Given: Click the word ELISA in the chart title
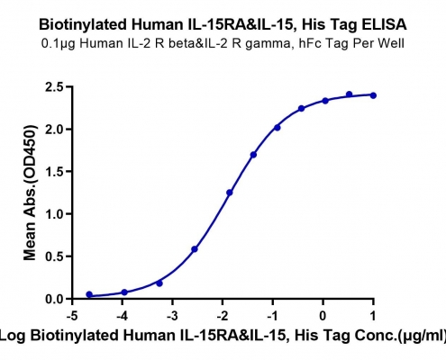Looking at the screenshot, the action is tap(384, 24).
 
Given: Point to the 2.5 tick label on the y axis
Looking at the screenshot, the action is tap(54, 87).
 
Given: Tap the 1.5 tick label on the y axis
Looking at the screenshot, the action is tap(54, 172).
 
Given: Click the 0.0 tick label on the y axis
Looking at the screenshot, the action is tap(54, 299).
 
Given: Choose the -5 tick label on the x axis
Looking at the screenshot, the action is tap(72, 316).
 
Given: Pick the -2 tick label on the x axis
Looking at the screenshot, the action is tap(223, 316).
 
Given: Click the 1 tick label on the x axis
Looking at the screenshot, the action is tap(373, 316).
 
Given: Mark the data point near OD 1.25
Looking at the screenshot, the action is tap(230, 193).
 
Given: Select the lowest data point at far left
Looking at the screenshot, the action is tap(89, 294).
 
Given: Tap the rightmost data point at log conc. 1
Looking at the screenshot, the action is tap(373, 95).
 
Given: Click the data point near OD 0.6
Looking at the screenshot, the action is tap(195, 249).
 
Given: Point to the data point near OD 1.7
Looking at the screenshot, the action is tap(253, 155).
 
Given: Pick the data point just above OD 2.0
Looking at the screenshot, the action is tap(278, 128).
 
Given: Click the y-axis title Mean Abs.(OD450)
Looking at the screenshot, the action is tap(30, 193).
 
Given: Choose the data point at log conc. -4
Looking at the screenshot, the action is tap(124, 292).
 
